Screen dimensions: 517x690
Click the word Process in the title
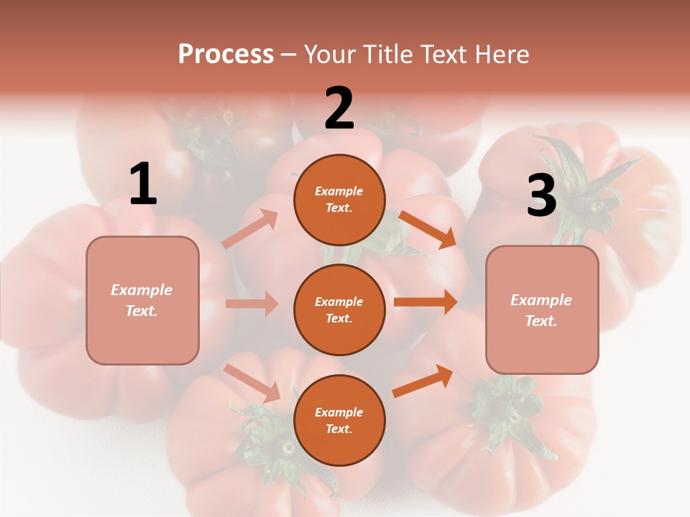click(226, 55)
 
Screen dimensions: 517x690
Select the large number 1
click(143, 184)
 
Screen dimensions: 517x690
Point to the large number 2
click(339, 108)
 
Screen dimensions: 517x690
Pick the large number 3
click(541, 196)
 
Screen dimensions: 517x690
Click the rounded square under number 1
click(142, 300)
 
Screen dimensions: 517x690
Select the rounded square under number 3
click(542, 309)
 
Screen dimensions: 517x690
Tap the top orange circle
click(339, 200)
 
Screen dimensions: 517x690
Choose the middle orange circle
click(339, 309)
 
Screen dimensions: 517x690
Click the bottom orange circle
click(339, 420)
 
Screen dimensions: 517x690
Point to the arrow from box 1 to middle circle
click(252, 304)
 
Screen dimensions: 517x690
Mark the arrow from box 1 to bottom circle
click(252, 383)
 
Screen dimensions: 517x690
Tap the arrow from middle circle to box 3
click(425, 302)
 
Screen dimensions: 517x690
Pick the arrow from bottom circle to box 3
click(423, 381)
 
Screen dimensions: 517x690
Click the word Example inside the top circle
click(339, 192)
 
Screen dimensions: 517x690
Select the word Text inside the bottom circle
click(338, 429)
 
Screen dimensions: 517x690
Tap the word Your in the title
click(330, 55)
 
